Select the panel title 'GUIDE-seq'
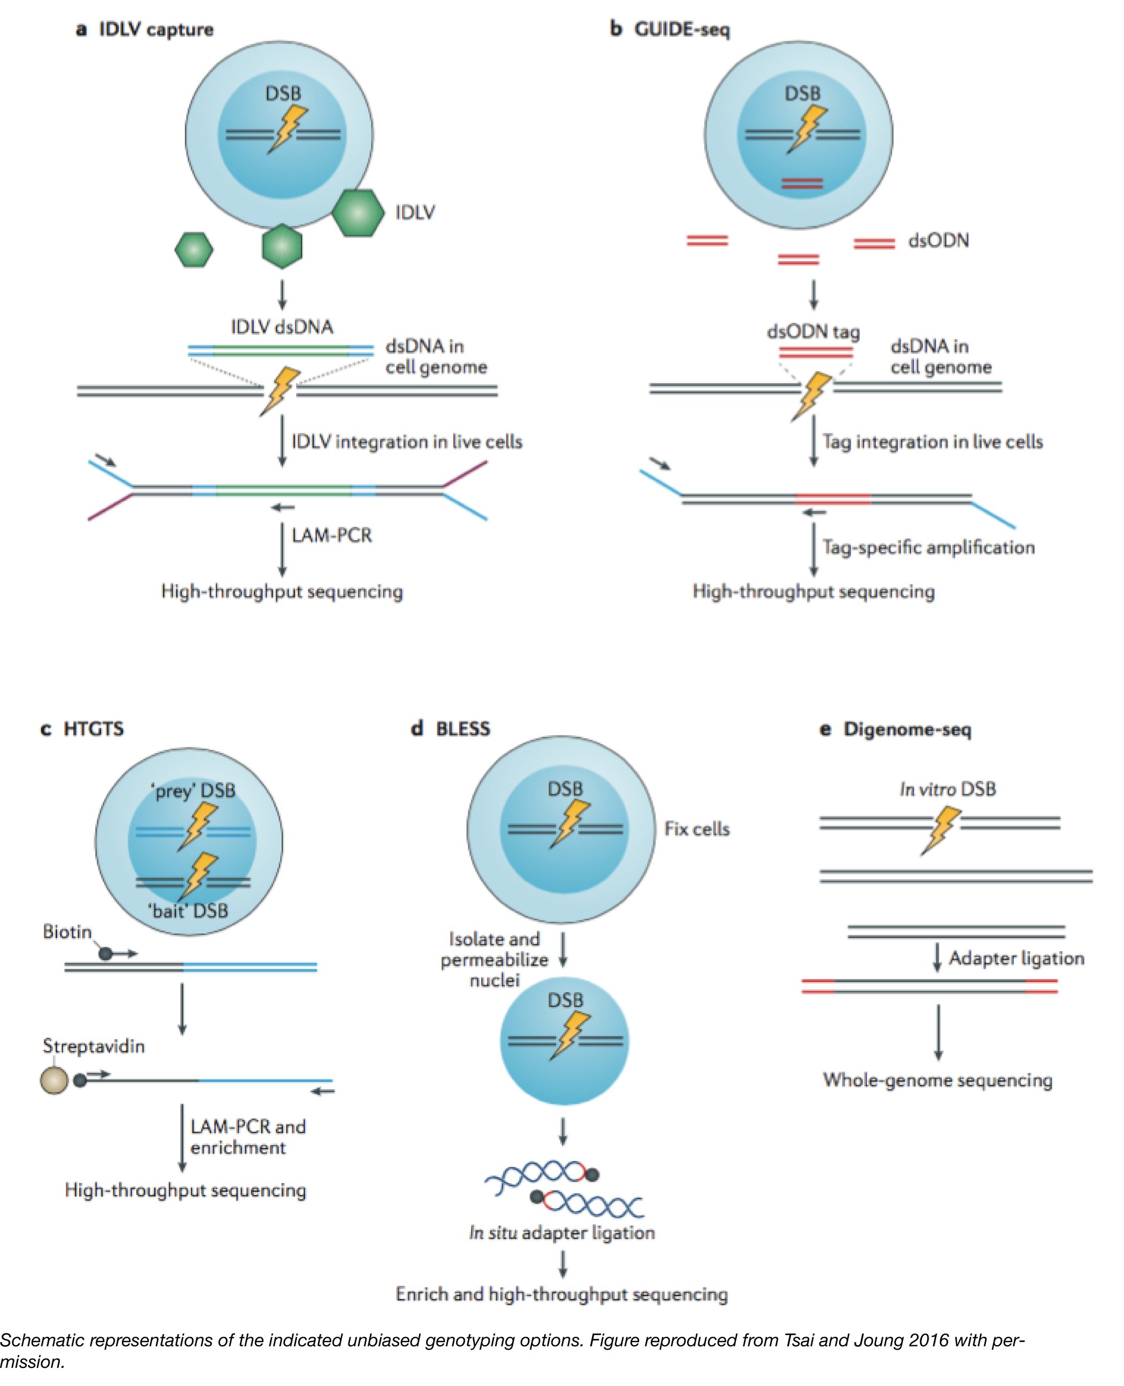(x=681, y=30)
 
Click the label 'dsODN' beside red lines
(x=938, y=241)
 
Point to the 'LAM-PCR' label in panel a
(x=331, y=536)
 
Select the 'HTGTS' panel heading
(x=93, y=729)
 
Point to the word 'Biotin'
(x=67, y=931)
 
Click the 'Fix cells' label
(x=697, y=829)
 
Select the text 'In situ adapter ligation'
(x=562, y=1232)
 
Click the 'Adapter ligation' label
(x=1016, y=958)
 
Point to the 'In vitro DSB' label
(x=947, y=789)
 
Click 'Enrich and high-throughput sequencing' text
(x=562, y=1294)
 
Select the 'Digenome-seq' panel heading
(x=907, y=729)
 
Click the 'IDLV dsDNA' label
(x=282, y=327)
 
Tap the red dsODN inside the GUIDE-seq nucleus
(x=802, y=184)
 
